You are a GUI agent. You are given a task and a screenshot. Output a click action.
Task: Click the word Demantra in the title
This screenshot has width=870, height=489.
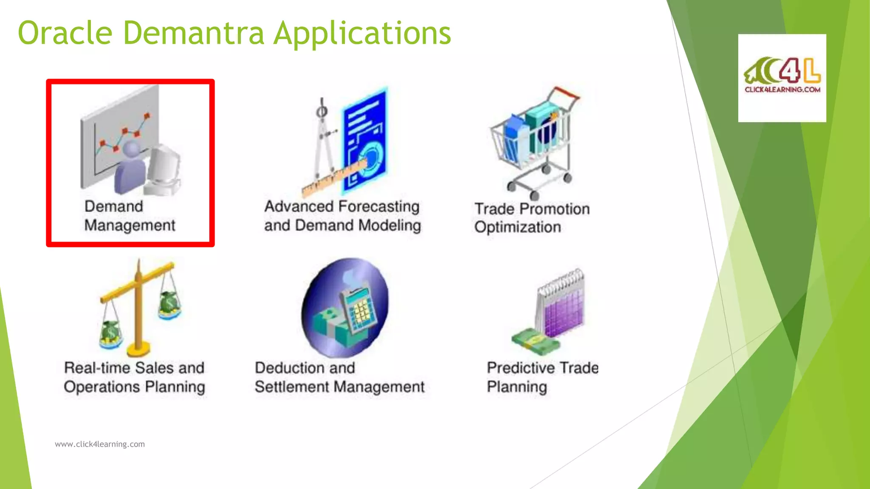point(193,33)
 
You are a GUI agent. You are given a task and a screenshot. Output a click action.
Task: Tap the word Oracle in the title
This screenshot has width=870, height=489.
point(65,33)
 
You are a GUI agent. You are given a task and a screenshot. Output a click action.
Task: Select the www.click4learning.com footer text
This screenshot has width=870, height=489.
point(100,444)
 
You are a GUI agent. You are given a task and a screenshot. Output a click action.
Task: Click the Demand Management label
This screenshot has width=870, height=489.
point(129,216)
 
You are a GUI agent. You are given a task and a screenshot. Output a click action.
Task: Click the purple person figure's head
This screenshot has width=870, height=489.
point(131,150)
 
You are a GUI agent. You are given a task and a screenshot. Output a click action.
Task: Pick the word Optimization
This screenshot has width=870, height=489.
point(517,228)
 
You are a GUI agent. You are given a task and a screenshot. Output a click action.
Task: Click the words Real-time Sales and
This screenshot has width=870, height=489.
point(134,368)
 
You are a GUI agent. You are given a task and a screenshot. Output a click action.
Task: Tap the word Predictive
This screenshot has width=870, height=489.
point(521,368)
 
